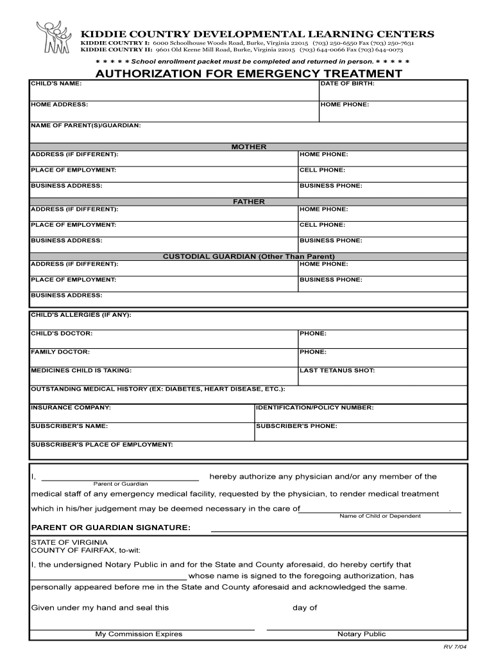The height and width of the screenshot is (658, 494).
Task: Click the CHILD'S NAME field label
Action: click(x=56, y=84)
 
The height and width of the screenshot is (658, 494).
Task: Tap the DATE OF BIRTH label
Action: click(x=347, y=84)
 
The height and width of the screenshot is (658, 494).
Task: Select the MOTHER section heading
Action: click(x=248, y=147)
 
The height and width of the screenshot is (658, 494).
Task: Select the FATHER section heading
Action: click(x=248, y=202)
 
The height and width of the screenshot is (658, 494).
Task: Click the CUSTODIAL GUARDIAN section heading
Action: click(x=248, y=256)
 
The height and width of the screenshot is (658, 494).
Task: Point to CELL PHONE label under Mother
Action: click(x=322, y=170)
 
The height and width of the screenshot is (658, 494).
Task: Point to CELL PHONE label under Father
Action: click(x=322, y=225)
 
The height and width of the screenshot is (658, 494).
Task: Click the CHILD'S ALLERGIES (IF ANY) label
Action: click(x=81, y=315)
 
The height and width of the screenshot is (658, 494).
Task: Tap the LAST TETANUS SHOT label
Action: click(x=337, y=370)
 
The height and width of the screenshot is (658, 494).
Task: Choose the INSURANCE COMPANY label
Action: click(x=71, y=407)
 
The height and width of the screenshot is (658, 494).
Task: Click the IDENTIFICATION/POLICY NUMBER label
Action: click(x=314, y=407)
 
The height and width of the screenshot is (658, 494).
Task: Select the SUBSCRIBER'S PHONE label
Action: click(x=296, y=425)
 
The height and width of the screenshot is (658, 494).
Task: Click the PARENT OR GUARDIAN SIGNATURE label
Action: click(x=111, y=528)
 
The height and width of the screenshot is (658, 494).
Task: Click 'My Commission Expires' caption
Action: click(x=139, y=634)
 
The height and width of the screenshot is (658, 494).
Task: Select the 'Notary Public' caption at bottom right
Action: click(x=361, y=634)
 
